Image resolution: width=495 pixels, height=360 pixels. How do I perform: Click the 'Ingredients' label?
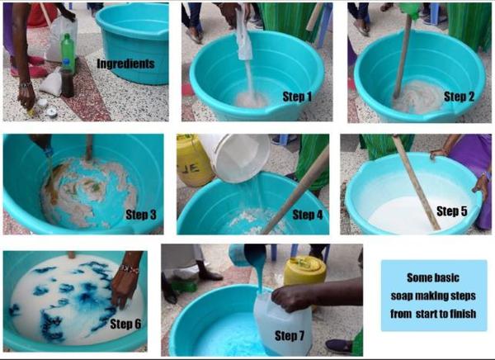pos(125,64)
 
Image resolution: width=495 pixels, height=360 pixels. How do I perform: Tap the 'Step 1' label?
pos(297,97)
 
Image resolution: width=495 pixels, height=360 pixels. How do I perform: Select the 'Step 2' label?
pos(459,97)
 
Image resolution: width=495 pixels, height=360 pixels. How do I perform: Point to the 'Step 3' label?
pos(141,215)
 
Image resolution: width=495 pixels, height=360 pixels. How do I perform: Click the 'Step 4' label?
pos(308,215)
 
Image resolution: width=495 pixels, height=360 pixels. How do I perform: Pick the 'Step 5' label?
pos(452,211)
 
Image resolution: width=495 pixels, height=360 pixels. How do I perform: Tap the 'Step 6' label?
pos(125,324)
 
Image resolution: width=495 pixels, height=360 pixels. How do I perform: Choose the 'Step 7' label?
pos(290,336)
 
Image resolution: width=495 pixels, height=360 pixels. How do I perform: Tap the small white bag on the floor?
pos(52,82)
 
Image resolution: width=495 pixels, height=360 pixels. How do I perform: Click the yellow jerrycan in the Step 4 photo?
pos(193,160)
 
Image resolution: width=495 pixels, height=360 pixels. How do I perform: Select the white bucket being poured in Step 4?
pos(235,158)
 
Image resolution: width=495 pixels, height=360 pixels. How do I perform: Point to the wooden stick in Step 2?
pos(403,57)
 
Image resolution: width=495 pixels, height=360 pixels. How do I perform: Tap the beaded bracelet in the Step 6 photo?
pos(130,269)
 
